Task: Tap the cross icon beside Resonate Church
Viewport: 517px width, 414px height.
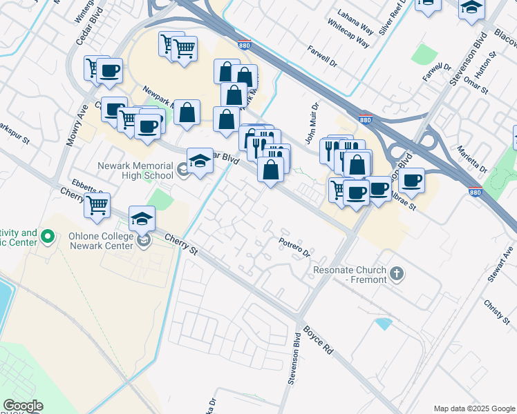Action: pyautogui.click(x=396, y=274)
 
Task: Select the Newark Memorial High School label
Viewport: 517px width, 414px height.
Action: pyautogui.click(x=135, y=170)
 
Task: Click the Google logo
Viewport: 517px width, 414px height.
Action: pyautogui.click(x=23, y=406)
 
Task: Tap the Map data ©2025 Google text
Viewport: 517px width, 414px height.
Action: pyautogui.click(x=473, y=408)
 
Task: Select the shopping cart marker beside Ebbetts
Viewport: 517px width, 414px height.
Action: pyautogui.click(x=97, y=203)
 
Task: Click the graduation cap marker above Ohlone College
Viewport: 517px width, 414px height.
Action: pyautogui.click(x=142, y=218)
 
